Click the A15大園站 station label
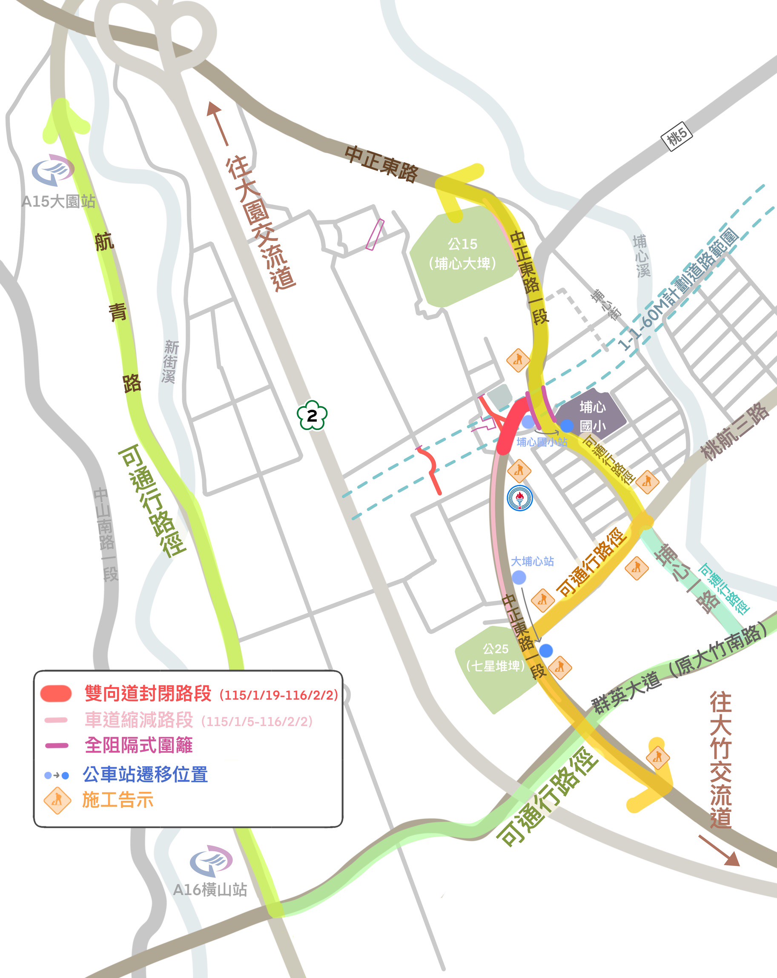[58, 201]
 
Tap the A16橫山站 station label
[210, 889]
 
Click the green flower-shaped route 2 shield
[312, 415]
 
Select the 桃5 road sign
[677, 136]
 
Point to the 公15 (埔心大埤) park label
[462, 254]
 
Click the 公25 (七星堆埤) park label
[495, 657]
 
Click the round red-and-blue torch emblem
[519, 498]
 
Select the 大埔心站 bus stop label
[532, 561]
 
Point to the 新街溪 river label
[171, 361]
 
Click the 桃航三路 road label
[734, 431]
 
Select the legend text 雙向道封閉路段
[148, 694]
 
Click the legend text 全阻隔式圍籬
[139, 745]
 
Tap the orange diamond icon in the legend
[57, 800]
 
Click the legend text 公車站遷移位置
[145, 774]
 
